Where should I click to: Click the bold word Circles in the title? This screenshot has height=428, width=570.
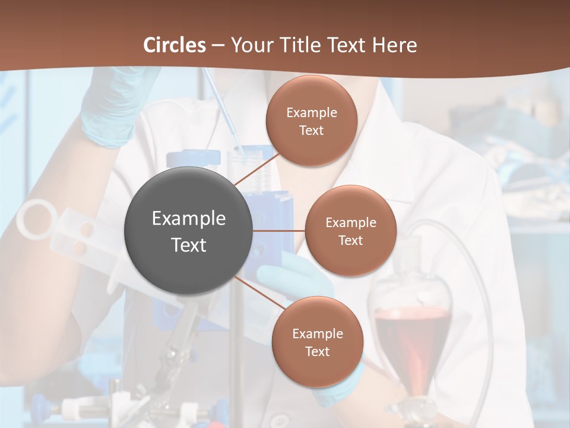[174, 45]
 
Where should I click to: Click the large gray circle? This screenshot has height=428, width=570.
[188, 231]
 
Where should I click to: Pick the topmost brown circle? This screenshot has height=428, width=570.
[311, 121]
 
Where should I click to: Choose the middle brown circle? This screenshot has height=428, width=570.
[350, 231]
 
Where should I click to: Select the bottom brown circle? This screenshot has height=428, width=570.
[317, 342]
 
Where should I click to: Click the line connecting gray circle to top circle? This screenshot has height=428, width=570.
[256, 169]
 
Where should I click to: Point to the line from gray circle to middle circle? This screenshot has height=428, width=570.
[278, 231]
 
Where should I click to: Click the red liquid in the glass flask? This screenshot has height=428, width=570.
[410, 345]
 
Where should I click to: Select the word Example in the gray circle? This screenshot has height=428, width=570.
[188, 219]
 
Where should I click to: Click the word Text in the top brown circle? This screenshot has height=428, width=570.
[311, 130]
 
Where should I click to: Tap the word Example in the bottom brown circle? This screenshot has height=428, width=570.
[317, 333]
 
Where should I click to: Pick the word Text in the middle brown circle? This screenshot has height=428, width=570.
[350, 240]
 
